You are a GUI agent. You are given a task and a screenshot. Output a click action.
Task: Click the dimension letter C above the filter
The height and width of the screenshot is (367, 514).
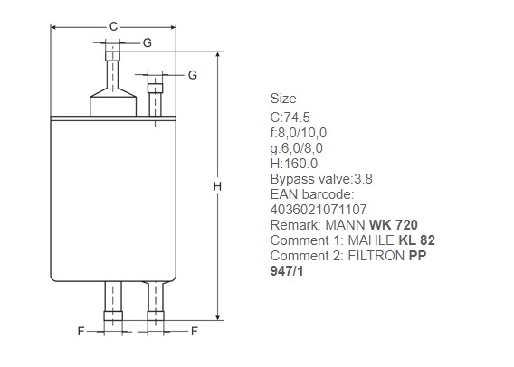(113, 26)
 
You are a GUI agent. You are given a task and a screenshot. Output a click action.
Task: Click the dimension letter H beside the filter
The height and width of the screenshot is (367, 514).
(217, 186)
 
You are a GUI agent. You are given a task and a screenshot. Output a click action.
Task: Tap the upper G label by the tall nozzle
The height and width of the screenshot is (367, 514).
(148, 42)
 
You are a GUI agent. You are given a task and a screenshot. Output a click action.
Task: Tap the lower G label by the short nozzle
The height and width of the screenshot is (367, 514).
(193, 75)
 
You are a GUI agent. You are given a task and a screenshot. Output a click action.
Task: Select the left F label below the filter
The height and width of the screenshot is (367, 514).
(81, 332)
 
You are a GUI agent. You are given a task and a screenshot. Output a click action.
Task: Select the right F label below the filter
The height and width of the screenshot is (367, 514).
(195, 332)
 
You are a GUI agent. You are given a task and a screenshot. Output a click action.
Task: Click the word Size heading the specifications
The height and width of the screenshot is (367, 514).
(283, 99)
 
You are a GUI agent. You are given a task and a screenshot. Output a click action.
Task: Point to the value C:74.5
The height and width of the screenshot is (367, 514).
(290, 118)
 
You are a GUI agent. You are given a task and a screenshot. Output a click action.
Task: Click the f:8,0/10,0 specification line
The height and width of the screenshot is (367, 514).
(299, 133)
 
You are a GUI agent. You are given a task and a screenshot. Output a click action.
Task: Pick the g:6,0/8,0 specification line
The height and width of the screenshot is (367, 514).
(296, 148)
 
